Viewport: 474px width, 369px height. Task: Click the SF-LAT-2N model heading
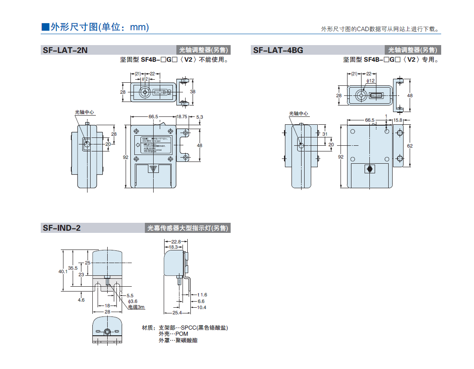pos(65,50)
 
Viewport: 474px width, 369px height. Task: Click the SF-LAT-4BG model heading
pos(278,50)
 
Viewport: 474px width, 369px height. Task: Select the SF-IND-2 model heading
pos(62,228)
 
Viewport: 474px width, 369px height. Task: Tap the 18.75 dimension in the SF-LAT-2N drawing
pos(182,117)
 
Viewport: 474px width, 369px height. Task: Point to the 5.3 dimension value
pos(200,117)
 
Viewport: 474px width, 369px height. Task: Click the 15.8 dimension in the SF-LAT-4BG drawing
pos(397,120)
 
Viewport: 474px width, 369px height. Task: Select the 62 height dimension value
pos(410,146)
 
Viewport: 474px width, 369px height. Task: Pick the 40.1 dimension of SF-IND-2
pos(63,271)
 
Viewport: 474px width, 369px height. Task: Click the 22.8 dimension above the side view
pos(176,242)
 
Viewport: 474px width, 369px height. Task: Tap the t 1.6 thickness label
pos(202,295)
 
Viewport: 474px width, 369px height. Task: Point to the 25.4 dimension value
pos(177,313)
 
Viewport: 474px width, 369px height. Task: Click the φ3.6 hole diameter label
pos(133,301)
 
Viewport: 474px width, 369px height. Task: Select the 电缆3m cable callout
pos(136,307)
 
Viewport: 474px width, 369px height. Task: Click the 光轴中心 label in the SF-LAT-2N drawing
pos(84,112)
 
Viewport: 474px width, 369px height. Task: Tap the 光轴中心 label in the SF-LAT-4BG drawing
pos(298,114)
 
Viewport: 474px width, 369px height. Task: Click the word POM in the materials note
pos(181,334)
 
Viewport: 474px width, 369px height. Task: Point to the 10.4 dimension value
pos(201,307)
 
